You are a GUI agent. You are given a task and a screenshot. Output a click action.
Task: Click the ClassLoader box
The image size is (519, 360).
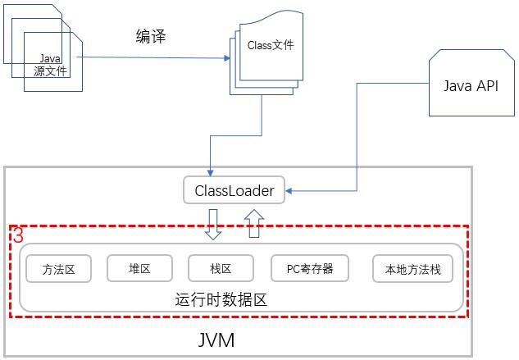(x=234, y=191)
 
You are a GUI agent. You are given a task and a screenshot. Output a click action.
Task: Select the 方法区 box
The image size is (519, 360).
(x=59, y=269)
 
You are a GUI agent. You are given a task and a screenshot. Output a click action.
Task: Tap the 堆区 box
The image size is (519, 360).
(x=139, y=268)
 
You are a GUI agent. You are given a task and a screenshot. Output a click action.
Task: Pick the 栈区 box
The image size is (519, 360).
(x=221, y=268)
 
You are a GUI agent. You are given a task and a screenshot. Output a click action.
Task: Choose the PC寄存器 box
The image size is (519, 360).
(x=309, y=268)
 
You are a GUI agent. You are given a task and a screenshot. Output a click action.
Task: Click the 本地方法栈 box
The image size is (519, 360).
(x=412, y=269)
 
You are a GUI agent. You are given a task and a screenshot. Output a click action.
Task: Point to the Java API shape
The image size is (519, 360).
(x=470, y=86)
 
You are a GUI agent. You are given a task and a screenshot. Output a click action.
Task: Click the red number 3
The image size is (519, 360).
(x=17, y=235)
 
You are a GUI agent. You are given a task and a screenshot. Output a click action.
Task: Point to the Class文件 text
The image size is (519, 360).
(x=270, y=46)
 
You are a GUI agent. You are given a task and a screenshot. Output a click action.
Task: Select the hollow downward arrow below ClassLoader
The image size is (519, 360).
(x=213, y=224)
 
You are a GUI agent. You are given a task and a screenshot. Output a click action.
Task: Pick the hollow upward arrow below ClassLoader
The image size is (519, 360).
(x=253, y=222)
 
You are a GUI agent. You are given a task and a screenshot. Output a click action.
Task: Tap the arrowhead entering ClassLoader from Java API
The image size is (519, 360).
(x=290, y=192)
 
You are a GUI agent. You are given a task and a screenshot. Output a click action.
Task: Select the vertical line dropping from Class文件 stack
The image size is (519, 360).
(x=262, y=115)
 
